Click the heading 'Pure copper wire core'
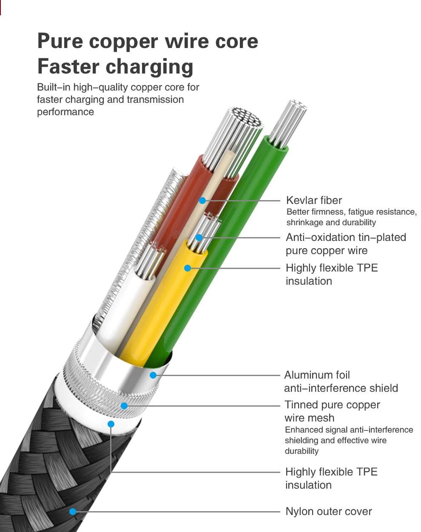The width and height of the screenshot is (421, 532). pos(148,41)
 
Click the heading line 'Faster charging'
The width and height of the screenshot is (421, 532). pos(115,67)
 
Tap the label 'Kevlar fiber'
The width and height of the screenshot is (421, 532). pos(314,200)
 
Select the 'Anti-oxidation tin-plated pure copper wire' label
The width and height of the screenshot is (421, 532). pos(345,244)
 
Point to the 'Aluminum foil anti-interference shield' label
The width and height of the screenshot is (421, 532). pos(341,382)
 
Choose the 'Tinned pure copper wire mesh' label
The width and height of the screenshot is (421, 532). pos(332,411)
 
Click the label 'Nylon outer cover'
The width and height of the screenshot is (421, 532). pos(328,512)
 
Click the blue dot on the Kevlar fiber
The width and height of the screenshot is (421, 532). pos(202,200)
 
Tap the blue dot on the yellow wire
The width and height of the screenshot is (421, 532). pos(188,268)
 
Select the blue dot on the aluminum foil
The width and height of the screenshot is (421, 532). pos(153,375)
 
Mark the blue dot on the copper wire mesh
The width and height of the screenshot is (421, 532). pos(124,406)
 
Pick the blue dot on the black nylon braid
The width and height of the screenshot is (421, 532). pos(73,512)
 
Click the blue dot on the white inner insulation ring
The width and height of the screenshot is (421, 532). pos(111,424)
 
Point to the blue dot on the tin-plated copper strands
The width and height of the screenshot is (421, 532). pos(199,238)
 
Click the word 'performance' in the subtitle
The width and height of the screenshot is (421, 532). pos(65,112)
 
